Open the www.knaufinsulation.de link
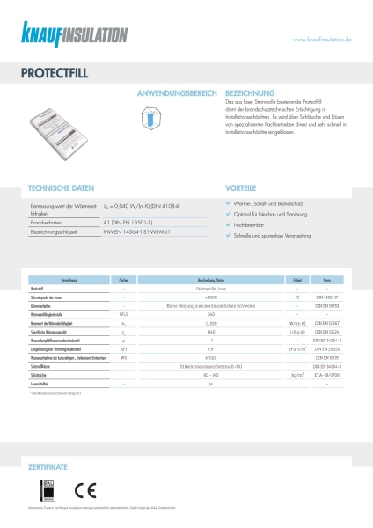pos(321,40)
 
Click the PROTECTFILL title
pos(51,75)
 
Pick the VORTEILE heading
pos(241,188)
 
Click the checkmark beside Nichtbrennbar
pos(228,225)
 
